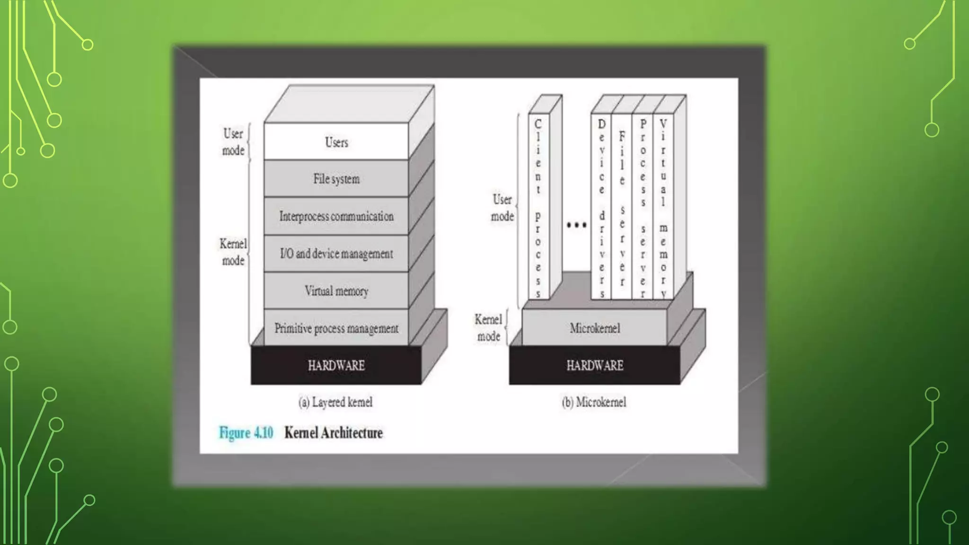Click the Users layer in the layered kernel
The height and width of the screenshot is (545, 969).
coord(336,141)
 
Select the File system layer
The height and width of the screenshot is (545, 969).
coord(336,178)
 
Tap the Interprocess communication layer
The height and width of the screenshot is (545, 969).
coord(336,216)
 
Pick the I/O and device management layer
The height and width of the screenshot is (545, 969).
coord(336,253)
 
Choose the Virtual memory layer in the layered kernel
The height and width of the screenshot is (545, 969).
coord(336,290)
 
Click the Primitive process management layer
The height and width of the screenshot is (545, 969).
coord(336,328)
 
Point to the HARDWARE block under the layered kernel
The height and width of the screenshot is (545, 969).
coord(336,365)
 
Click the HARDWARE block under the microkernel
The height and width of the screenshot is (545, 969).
coord(595,365)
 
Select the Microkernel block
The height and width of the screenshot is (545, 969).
coord(595,328)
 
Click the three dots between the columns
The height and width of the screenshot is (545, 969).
coord(576,225)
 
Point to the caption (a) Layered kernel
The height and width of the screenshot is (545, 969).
coord(335,402)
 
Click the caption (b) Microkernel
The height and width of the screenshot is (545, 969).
coord(594,402)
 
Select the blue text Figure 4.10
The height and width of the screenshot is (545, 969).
coord(246,432)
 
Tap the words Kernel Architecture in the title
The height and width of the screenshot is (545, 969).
coord(333,432)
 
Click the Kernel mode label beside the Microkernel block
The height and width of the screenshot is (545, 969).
coord(488,328)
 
